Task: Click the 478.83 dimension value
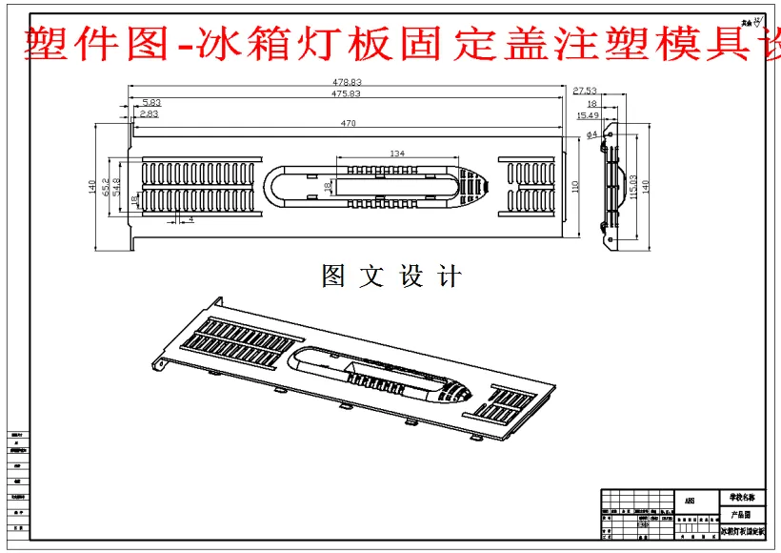pyautogui.click(x=347, y=83)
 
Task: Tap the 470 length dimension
pyautogui.click(x=349, y=124)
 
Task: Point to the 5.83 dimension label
pyautogui.click(x=151, y=102)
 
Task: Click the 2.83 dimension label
pyautogui.click(x=149, y=113)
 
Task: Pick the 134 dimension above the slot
pyautogui.click(x=397, y=154)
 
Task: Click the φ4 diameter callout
pyautogui.click(x=591, y=134)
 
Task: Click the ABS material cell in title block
pyautogui.click(x=690, y=500)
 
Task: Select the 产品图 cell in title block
pyautogui.click(x=741, y=514)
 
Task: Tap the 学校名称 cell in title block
pyautogui.click(x=741, y=498)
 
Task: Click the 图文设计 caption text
pyautogui.click(x=391, y=277)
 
